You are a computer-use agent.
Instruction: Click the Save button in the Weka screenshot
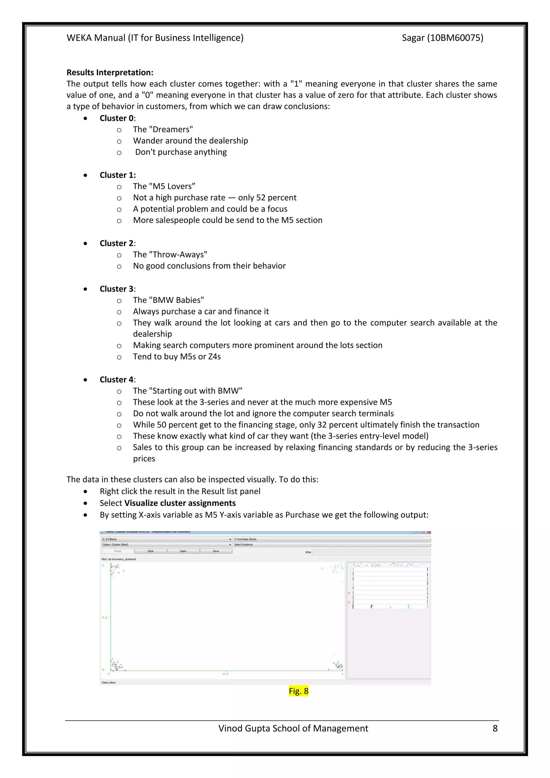pos(216,551)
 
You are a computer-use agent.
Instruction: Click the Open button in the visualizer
pos(183,551)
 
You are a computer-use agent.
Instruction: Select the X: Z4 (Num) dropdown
pos(166,539)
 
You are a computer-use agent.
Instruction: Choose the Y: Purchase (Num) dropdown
pos(332,539)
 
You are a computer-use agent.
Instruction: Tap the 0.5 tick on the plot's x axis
pos(226,674)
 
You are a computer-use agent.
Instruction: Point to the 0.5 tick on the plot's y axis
pos(105,617)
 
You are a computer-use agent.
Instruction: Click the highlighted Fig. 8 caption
pos(298,691)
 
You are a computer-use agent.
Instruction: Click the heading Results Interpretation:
pos(110,73)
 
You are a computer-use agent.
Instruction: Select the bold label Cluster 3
pos(117,289)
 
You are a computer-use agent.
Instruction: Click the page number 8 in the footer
pos(495,728)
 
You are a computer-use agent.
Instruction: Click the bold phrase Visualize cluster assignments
pos(180,503)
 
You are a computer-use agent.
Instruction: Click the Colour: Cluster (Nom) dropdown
pos(166,545)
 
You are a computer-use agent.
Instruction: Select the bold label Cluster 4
pos(117,380)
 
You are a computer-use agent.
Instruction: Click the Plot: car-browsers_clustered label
pos(118,559)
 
